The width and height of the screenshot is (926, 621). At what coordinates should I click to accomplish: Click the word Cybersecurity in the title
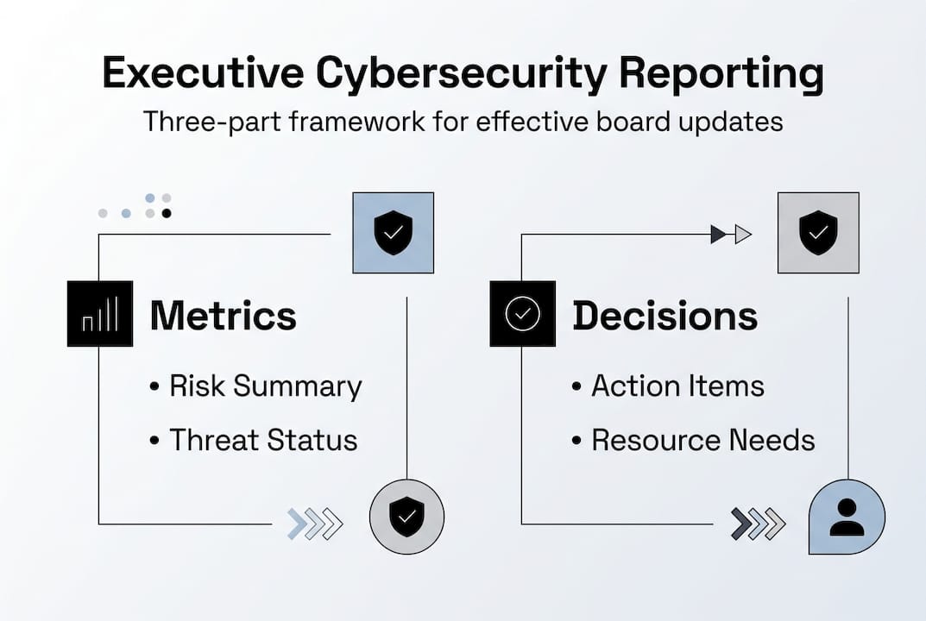tap(461, 74)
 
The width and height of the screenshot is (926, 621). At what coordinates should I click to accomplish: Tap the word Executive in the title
tap(203, 72)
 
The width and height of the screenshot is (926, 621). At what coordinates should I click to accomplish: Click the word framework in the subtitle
tap(356, 122)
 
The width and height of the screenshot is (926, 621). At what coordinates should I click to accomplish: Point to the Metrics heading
tap(224, 315)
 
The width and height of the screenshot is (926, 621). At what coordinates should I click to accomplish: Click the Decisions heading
tap(665, 315)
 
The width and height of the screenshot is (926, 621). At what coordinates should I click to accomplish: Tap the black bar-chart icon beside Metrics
tap(100, 313)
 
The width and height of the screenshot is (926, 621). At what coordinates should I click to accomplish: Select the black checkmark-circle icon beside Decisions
tap(523, 313)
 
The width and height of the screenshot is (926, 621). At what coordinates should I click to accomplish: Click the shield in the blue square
tap(394, 233)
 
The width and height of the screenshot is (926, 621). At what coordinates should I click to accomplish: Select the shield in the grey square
tap(818, 233)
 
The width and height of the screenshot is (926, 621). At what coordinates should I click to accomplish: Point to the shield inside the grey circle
tap(406, 517)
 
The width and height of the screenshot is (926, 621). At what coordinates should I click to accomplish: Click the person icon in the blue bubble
tap(847, 517)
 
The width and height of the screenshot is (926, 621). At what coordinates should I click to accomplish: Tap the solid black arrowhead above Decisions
tap(718, 235)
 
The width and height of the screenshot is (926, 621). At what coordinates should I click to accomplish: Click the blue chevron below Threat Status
tap(297, 524)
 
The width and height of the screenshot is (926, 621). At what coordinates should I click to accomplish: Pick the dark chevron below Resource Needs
tap(741, 524)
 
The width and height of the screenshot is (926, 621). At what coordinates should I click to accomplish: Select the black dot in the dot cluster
tap(167, 213)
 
